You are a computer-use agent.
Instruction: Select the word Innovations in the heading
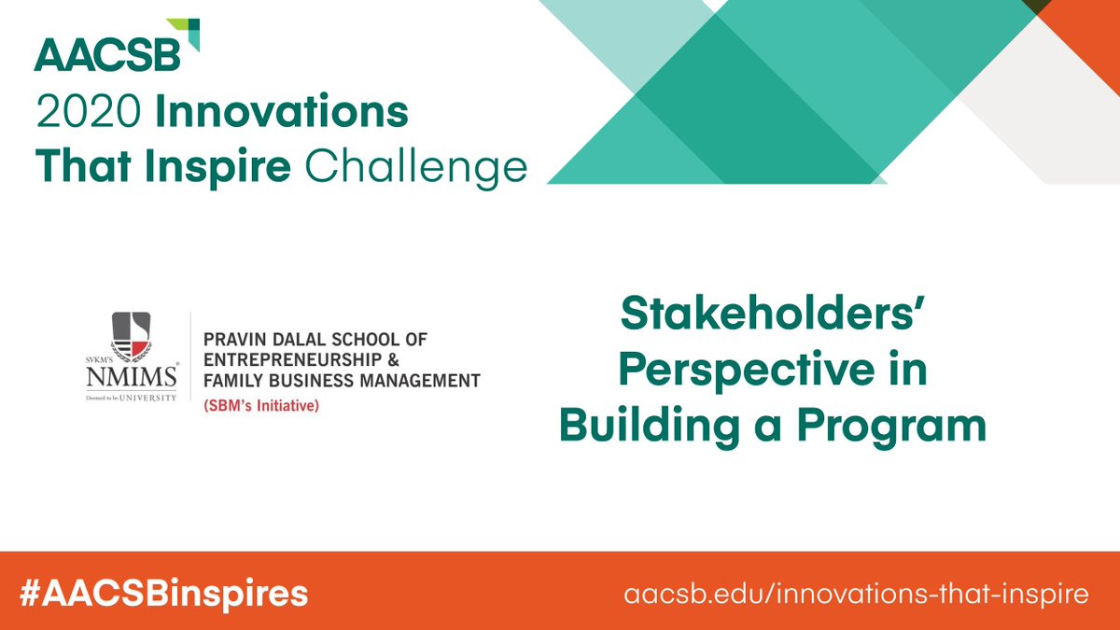281,114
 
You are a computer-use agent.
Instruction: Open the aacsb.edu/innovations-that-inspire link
857,593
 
